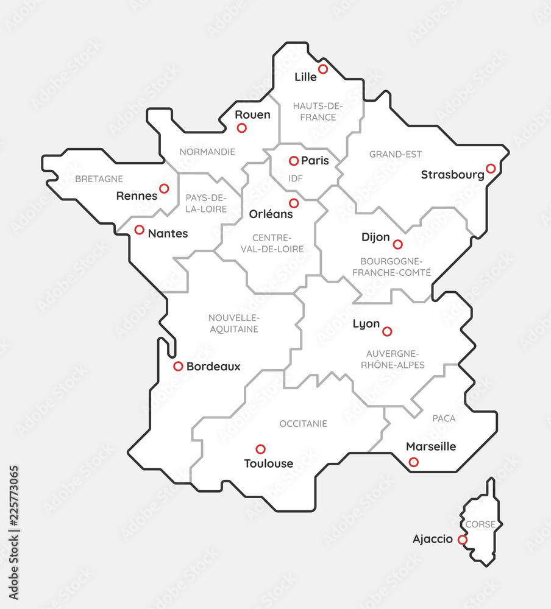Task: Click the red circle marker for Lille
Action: tap(323, 69)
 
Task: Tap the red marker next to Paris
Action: tap(294, 161)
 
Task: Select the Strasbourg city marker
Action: tap(491, 168)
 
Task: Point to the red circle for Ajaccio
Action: tap(463, 540)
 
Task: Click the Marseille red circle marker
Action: tap(414, 462)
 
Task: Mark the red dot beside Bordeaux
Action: tap(178, 366)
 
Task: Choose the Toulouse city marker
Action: tap(261, 449)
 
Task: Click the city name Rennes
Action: tap(137, 196)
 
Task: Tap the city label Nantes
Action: tap(168, 233)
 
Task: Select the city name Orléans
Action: tap(271, 214)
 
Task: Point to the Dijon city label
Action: tap(375, 237)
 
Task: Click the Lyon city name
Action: tap(366, 324)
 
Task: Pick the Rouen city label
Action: tap(252, 114)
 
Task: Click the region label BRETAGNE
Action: tap(99, 179)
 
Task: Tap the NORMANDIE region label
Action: tap(207, 152)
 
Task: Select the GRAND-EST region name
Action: tap(396, 155)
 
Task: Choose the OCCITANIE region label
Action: tap(303, 423)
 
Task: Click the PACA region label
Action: tap(444, 418)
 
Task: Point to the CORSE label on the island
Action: tap(480, 524)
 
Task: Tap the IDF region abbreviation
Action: tap(295, 178)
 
